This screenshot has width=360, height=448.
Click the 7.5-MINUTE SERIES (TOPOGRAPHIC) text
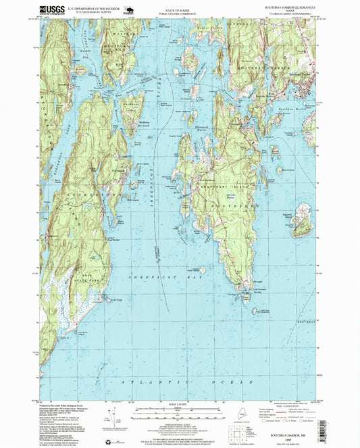[286, 14]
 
